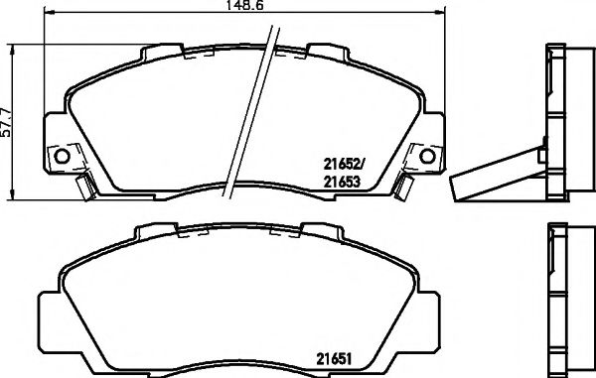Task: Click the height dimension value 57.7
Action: [x=8, y=118]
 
